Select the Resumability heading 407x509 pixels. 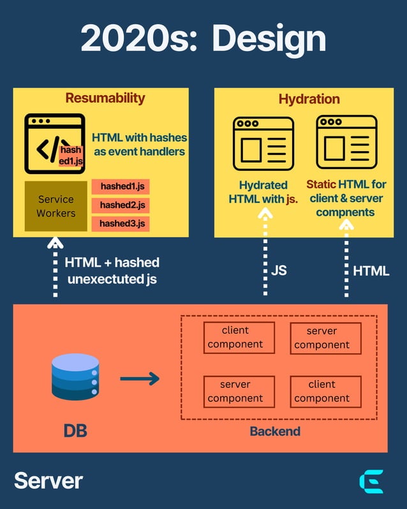(105, 98)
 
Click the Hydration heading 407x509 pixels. (309, 99)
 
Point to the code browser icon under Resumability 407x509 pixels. (54, 144)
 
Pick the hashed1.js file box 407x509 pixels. (121, 187)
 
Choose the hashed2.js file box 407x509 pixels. (121, 205)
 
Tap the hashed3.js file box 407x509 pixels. (121, 223)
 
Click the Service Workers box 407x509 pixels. (56, 206)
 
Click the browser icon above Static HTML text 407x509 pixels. (346, 142)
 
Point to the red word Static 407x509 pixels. (321, 184)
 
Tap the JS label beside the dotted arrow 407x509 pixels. (279, 270)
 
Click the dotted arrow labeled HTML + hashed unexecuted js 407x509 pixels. (56, 268)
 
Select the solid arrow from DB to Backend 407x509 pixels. (140, 379)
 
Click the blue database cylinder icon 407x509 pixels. (75, 378)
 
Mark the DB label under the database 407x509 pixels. (75, 431)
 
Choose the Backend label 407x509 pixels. (274, 432)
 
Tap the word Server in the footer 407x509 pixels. (48, 480)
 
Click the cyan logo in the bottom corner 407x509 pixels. (371, 482)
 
